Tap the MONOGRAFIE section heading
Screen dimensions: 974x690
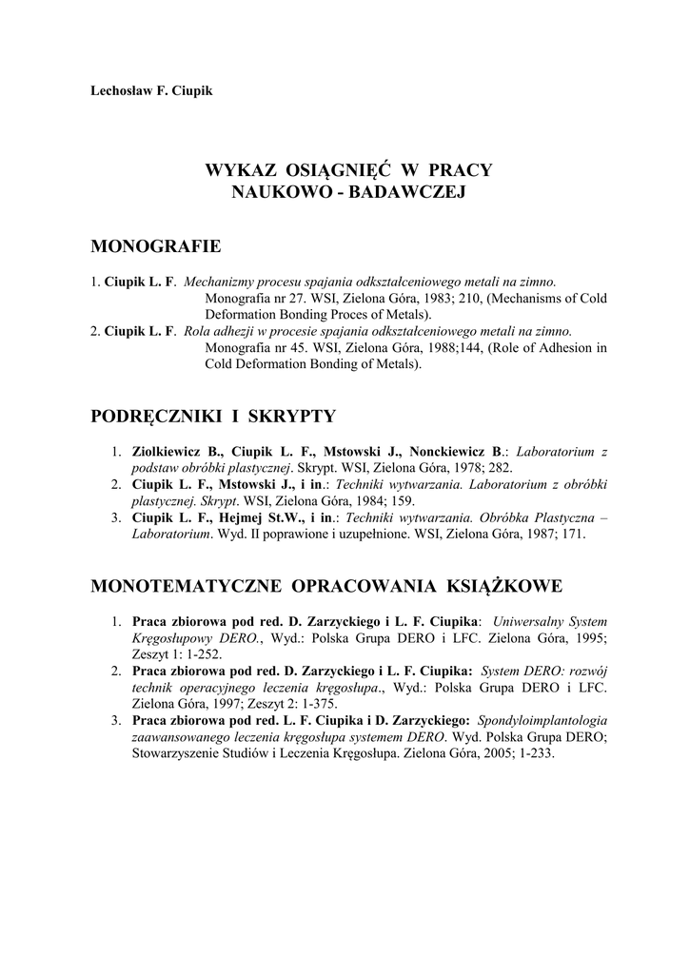(155, 247)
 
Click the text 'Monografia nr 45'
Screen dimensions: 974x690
(252, 348)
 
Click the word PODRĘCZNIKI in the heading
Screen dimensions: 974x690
(154, 416)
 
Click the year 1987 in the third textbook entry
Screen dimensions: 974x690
(542, 535)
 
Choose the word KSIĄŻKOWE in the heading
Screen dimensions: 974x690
(495, 584)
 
